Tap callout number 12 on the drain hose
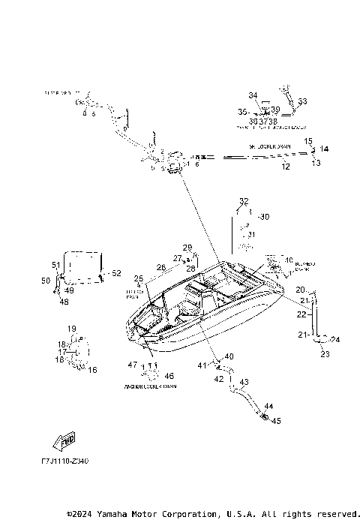click(x=285, y=167)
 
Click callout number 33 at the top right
click(x=302, y=101)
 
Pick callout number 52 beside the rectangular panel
click(x=115, y=273)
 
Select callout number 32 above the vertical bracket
click(x=243, y=201)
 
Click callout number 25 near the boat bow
click(x=138, y=278)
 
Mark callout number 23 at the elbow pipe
click(x=325, y=354)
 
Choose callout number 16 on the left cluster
click(x=93, y=370)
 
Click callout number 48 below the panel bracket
click(x=63, y=302)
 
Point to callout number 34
click(x=253, y=95)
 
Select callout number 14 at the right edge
click(x=325, y=149)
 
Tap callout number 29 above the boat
click(x=187, y=248)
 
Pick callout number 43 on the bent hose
click(x=244, y=384)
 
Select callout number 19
click(x=73, y=329)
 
